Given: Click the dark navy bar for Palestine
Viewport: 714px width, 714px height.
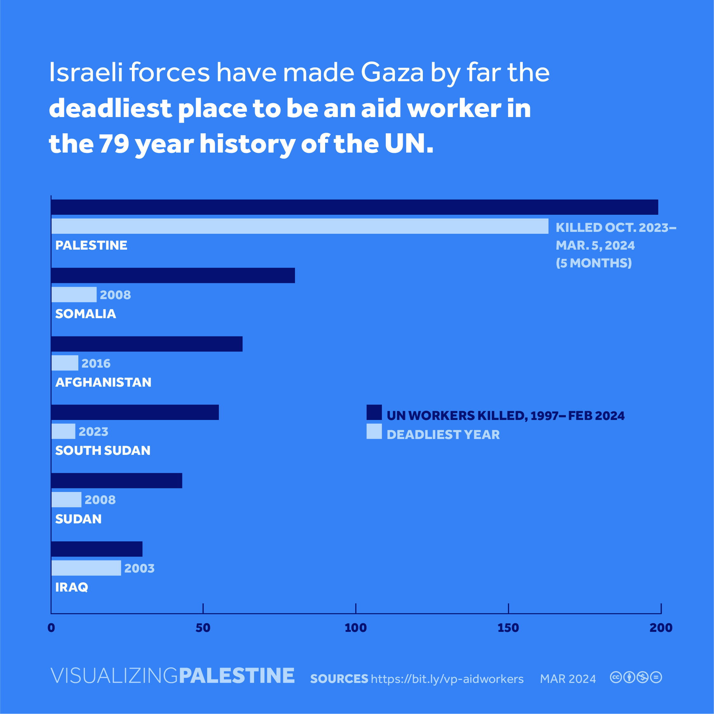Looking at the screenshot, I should point(354,207).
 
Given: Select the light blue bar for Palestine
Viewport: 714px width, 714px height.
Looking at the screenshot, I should point(299,226).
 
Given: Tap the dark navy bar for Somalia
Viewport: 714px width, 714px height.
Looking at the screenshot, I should point(173,275).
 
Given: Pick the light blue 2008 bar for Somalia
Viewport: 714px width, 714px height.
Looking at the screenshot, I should point(74,295).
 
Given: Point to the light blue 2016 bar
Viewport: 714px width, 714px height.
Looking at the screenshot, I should point(65,363).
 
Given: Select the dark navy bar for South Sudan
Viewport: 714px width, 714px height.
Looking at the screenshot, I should point(134,412).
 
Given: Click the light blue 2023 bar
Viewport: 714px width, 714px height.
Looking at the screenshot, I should point(63,431).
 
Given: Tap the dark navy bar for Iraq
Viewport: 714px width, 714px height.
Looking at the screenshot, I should point(96,549).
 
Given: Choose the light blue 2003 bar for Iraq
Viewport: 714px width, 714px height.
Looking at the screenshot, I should point(86,568).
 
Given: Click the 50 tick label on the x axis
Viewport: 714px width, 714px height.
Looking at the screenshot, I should point(203,627).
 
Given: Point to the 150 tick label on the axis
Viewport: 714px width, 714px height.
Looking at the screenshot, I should point(508,627).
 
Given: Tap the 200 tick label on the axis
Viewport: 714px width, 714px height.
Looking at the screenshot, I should point(661,627).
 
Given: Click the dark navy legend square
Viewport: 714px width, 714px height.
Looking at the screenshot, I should point(374,412).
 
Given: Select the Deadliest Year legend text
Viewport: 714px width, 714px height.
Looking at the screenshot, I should point(443,435).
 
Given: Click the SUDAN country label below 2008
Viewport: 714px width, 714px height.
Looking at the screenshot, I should point(78,519).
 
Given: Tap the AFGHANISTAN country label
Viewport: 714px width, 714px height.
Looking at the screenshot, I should point(103,382).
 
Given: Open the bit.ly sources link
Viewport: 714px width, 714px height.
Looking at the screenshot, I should point(447,679).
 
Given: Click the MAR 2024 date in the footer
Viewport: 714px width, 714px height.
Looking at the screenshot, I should point(568,679).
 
